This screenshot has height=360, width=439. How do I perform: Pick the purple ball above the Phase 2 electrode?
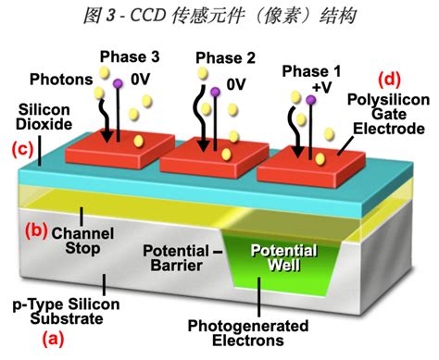[x=215, y=92]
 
